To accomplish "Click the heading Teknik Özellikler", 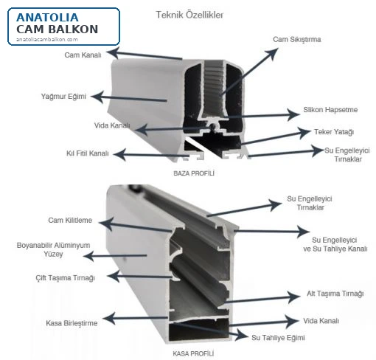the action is [189, 15].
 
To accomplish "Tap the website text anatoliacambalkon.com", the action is [47, 39].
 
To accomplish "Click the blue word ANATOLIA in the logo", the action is [47, 18].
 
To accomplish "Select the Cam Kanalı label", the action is [83, 55].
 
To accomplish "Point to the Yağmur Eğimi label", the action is [63, 96].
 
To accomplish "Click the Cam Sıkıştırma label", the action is [297, 39].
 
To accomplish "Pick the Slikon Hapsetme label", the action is [330, 110].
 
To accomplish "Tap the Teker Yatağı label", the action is [334, 132].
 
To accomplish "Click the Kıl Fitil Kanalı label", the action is [88, 153].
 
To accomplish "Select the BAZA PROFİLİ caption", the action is [194, 173].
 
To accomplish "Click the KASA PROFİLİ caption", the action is [193, 354].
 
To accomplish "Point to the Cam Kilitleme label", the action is [70, 220].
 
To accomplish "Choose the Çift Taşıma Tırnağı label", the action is [65, 278].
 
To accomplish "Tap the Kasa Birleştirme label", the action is [72, 323].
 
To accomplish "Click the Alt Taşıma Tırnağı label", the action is [335, 294].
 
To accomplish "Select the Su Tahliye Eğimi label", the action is [278, 338].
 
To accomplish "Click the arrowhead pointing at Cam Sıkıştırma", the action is [272, 53].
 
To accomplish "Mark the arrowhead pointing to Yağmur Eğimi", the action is [97, 97].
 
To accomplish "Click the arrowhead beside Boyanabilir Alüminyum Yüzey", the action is [88, 256].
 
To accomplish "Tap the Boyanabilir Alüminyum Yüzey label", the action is [53, 249].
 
